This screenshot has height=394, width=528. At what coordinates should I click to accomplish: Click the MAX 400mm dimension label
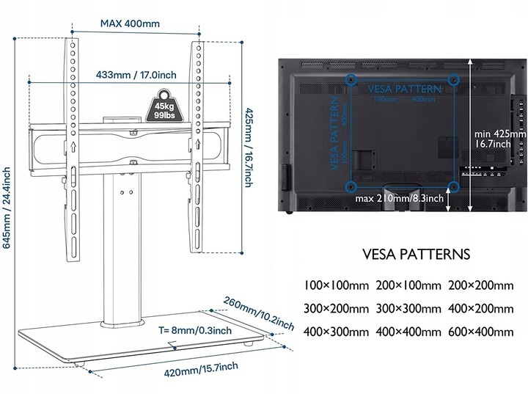click(x=130, y=23)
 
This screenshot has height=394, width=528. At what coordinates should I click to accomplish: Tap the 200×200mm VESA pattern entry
click(x=481, y=285)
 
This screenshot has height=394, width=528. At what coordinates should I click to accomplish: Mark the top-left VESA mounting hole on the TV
click(x=351, y=76)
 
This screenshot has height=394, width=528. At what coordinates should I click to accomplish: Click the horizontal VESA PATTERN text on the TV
click(x=404, y=88)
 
